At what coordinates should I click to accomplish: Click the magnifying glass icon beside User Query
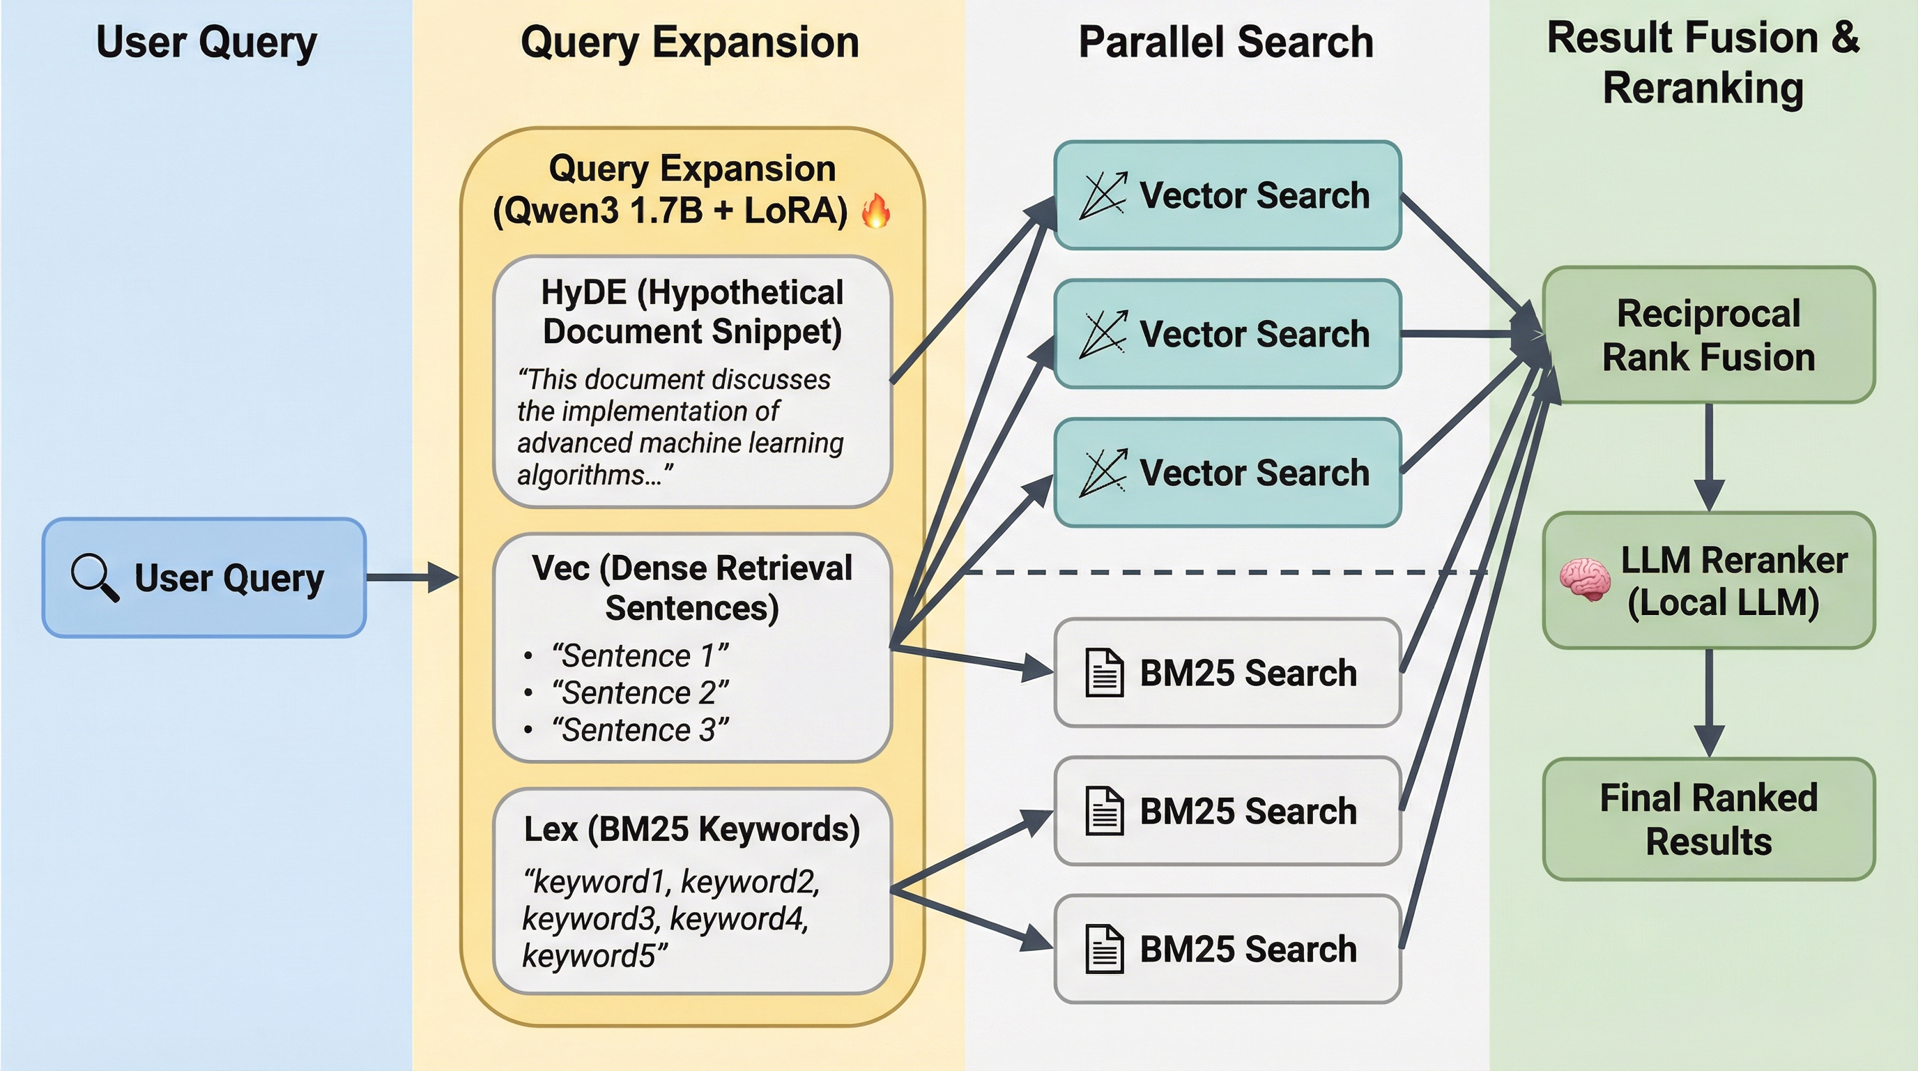(94, 577)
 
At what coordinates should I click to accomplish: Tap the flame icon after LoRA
(876, 211)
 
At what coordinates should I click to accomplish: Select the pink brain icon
(1584, 579)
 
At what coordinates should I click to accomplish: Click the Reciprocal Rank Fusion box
(1708, 335)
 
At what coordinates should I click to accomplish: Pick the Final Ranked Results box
(1708, 819)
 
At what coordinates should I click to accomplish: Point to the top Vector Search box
(1227, 195)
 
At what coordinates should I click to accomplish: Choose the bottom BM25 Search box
(1227, 949)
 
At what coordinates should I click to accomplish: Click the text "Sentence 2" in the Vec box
(640, 692)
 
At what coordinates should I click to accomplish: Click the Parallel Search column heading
(1225, 42)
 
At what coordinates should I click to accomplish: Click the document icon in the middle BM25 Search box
(1104, 810)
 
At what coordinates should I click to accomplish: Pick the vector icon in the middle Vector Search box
(1103, 334)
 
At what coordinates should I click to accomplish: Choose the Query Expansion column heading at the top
(689, 42)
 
